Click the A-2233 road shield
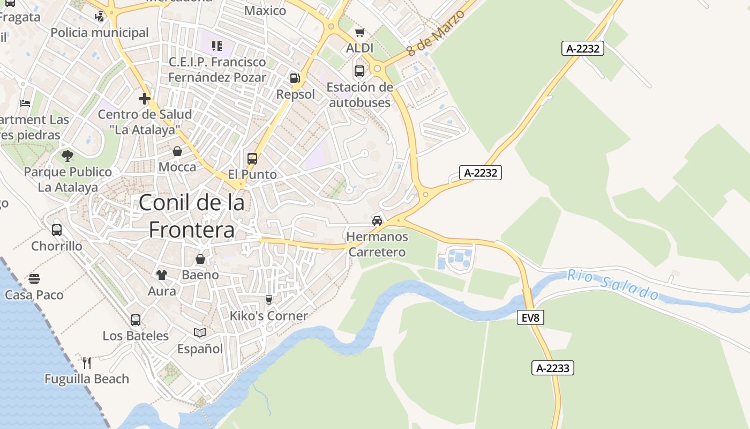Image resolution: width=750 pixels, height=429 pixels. coord(553,368)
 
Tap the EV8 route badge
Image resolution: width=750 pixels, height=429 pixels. coord(530,317)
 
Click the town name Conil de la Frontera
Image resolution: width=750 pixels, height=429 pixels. coord(192,216)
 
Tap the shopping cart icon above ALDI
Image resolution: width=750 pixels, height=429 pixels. coord(360,32)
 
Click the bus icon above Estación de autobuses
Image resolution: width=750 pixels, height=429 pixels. coord(359,71)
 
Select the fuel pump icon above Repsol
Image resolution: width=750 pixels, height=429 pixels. coord(295,78)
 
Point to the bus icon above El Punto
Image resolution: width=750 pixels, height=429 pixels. coord(252,158)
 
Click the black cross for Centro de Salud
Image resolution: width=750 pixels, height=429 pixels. coord(144,99)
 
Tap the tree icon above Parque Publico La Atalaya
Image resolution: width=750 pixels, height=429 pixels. coord(67,156)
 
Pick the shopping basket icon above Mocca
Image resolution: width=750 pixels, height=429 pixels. coord(177,151)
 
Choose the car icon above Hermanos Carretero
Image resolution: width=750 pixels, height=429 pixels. coord(377,220)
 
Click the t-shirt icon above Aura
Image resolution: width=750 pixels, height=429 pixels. coord(162,275)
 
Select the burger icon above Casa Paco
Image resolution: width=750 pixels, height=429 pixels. coord(34,279)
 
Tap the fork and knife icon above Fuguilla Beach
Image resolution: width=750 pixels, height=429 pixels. coord(87,363)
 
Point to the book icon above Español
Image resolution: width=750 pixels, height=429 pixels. coord(200,333)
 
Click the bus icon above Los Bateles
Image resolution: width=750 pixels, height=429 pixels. coord(136,320)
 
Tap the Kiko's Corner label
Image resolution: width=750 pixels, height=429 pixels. coord(268,316)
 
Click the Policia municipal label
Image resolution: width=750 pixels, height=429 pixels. coord(100,33)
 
